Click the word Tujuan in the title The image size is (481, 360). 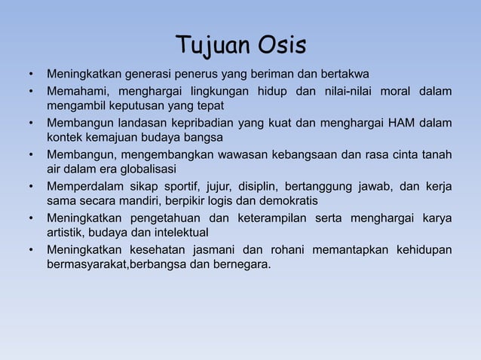tap(207, 46)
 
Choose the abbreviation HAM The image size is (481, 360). tap(400, 123)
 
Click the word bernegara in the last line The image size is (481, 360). tap(241, 264)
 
